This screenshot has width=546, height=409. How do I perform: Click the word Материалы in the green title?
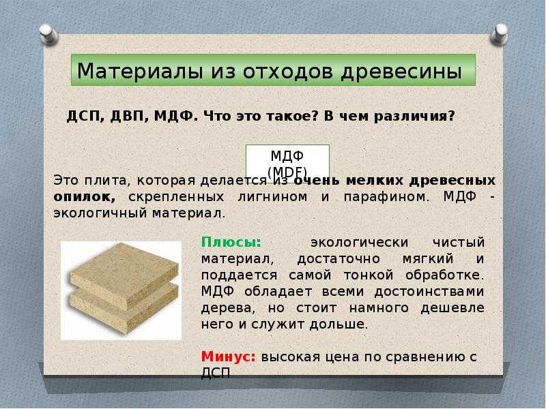point(140,71)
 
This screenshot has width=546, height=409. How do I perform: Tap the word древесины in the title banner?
point(401,72)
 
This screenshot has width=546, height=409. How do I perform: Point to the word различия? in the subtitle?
point(414,117)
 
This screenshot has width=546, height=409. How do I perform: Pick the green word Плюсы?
point(231,243)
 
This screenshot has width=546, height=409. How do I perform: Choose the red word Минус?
point(229,357)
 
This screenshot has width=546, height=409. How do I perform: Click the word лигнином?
point(272,197)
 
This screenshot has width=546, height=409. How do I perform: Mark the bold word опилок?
point(84,197)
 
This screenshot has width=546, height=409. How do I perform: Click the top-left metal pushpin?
point(48,35)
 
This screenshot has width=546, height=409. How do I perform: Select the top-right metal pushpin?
point(500,35)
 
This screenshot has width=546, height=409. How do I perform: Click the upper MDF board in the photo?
point(124,275)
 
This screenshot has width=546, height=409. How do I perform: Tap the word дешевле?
point(452,308)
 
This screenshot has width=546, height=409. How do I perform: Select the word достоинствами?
point(429,292)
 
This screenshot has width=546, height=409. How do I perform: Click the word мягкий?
point(428,259)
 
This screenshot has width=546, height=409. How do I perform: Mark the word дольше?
point(339,324)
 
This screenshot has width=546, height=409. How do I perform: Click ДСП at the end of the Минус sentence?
point(216,373)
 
